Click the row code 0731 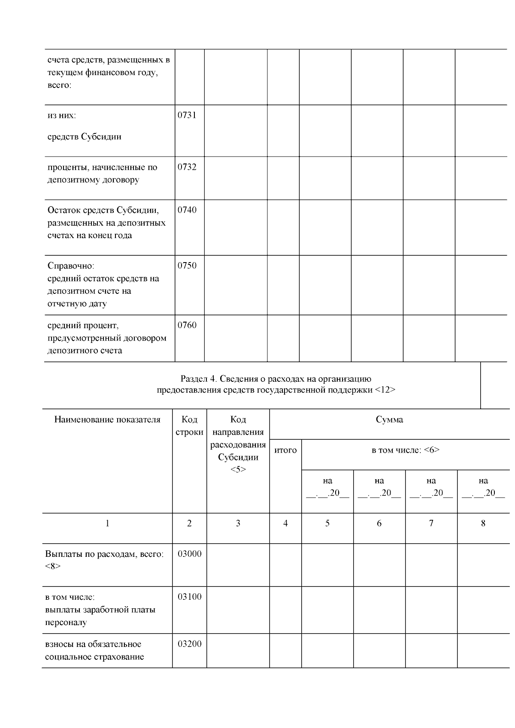pos(187,115)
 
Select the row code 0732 pos(187,167)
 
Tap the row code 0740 pos(187,210)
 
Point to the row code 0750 pos(187,266)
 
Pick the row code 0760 pos(187,325)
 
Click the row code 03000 pos(189,553)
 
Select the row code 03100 pos(189,597)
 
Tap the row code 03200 pos(189,644)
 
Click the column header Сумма pos(389,420)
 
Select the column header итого pos(285,450)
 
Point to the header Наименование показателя pos(107,420)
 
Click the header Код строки pos(189,426)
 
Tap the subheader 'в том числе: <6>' pos(405,450)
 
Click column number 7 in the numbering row pos(431,523)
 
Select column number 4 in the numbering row pos(285,523)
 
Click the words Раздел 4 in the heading pos(197,379)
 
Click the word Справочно pos(71,266)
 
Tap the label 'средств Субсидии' pos(85,137)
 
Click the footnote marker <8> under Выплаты pos(53,566)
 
